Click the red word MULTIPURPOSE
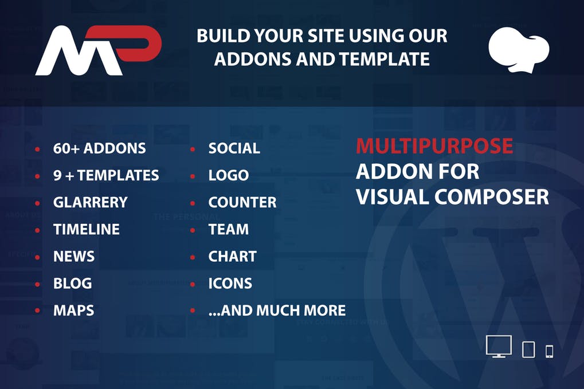pyautogui.click(x=434, y=146)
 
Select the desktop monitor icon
pyautogui.click(x=498, y=347)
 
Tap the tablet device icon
pyautogui.click(x=528, y=349)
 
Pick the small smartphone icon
pyautogui.click(x=549, y=351)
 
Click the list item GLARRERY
pyautogui.click(x=90, y=202)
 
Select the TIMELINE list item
pyautogui.click(x=86, y=229)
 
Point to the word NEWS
pyautogui.click(x=74, y=256)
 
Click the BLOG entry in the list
pyautogui.click(x=72, y=283)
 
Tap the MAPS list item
pyautogui.click(x=73, y=311)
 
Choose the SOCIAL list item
pyautogui.click(x=234, y=148)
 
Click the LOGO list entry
pyautogui.click(x=228, y=175)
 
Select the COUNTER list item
pyautogui.click(x=242, y=202)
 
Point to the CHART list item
pyautogui.click(x=232, y=256)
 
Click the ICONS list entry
pyautogui.click(x=230, y=283)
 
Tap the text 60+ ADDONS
pyautogui.click(x=99, y=148)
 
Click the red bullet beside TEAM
pyautogui.click(x=193, y=230)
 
